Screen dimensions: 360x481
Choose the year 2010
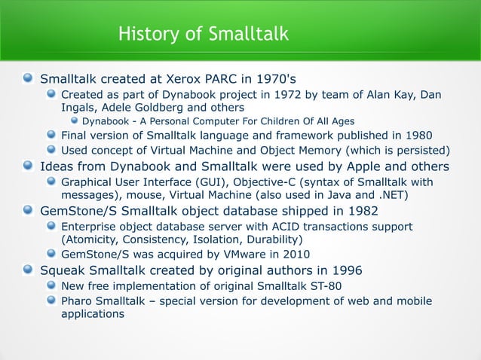click(x=295, y=254)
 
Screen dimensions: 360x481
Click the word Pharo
click(x=78, y=301)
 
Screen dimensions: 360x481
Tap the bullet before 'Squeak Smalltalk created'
click(x=28, y=270)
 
